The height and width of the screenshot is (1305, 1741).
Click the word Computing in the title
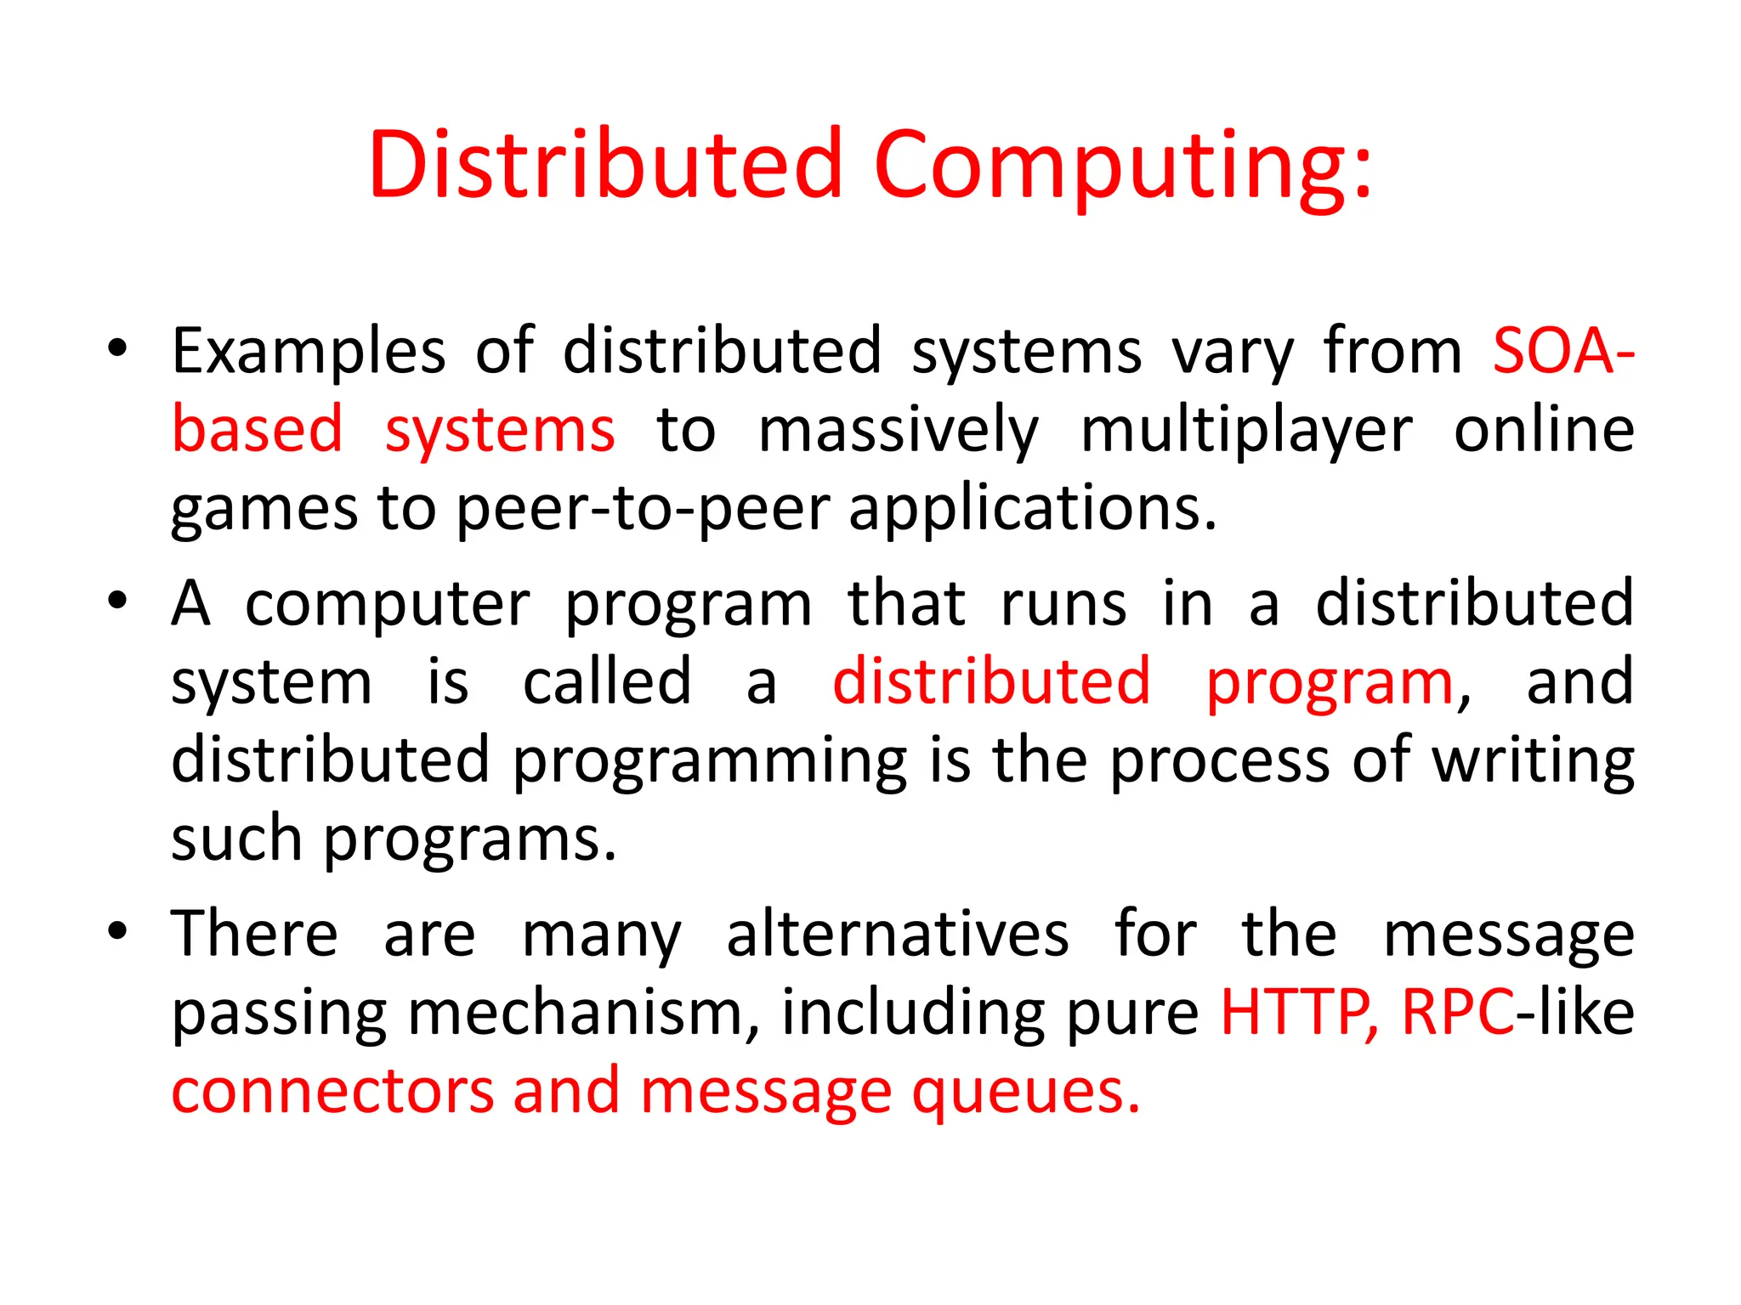click(x=1122, y=166)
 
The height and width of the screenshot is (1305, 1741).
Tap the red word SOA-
click(x=1562, y=351)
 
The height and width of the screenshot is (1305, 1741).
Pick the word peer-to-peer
click(x=643, y=509)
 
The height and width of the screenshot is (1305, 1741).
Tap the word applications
click(x=1033, y=509)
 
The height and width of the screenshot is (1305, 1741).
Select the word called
click(x=607, y=682)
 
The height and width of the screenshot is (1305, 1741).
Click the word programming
click(x=709, y=760)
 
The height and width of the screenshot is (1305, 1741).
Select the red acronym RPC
click(x=1457, y=1013)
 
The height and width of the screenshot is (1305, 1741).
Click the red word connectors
click(x=332, y=1092)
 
